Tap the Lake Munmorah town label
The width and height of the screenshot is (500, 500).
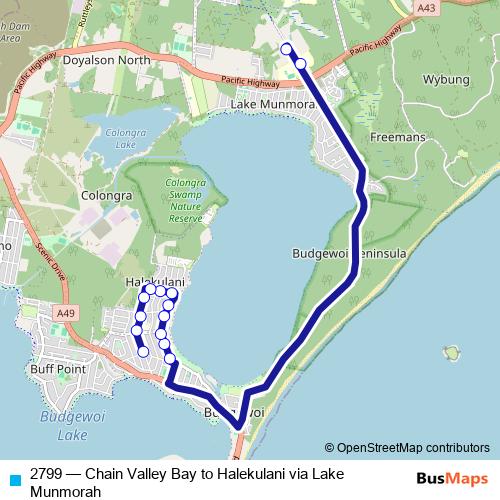pos(272,103)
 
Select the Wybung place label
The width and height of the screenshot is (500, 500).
pos(446,79)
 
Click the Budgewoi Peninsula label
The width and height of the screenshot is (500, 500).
pos(349,254)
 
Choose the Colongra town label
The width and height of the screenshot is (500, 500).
pos(106,169)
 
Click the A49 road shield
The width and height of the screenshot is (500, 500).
pos(66,314)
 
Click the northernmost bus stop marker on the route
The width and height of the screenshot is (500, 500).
pos(286,48)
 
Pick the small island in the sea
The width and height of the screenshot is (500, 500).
pos(453,353)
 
